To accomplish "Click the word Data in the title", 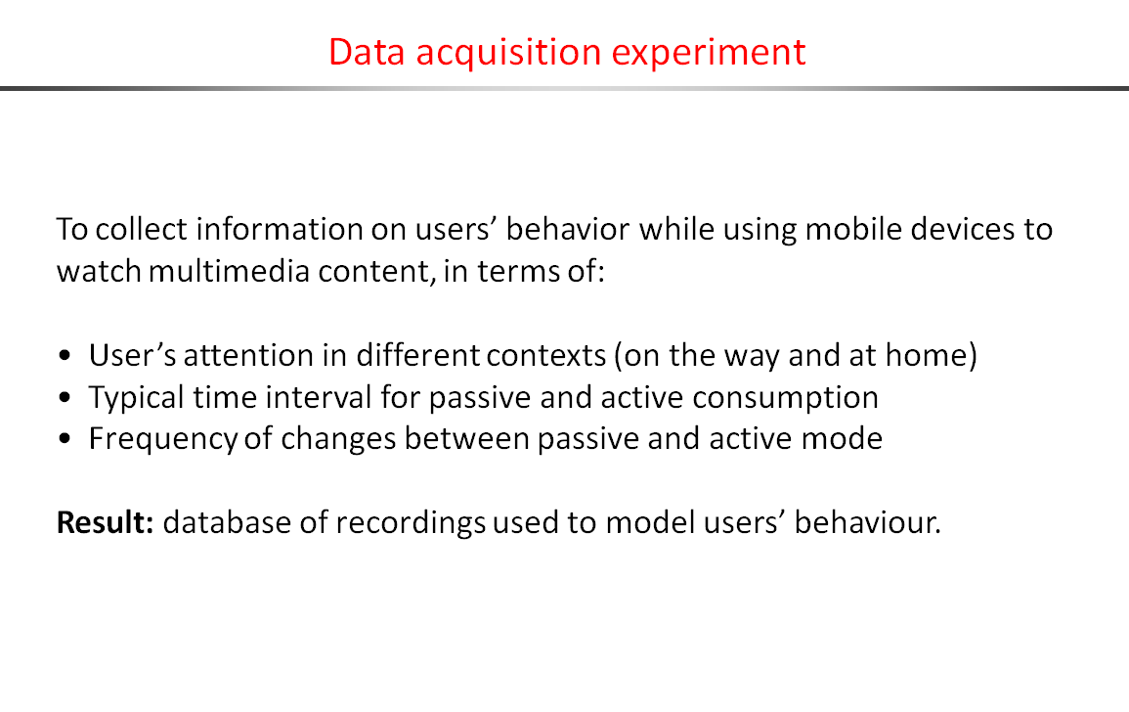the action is tap(367, 52).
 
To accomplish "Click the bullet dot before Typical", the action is tap(65, 398).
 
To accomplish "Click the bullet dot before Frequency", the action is tap(65, 439).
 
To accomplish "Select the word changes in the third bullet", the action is tap(338, 440).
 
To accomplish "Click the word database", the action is tap(227, 522).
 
